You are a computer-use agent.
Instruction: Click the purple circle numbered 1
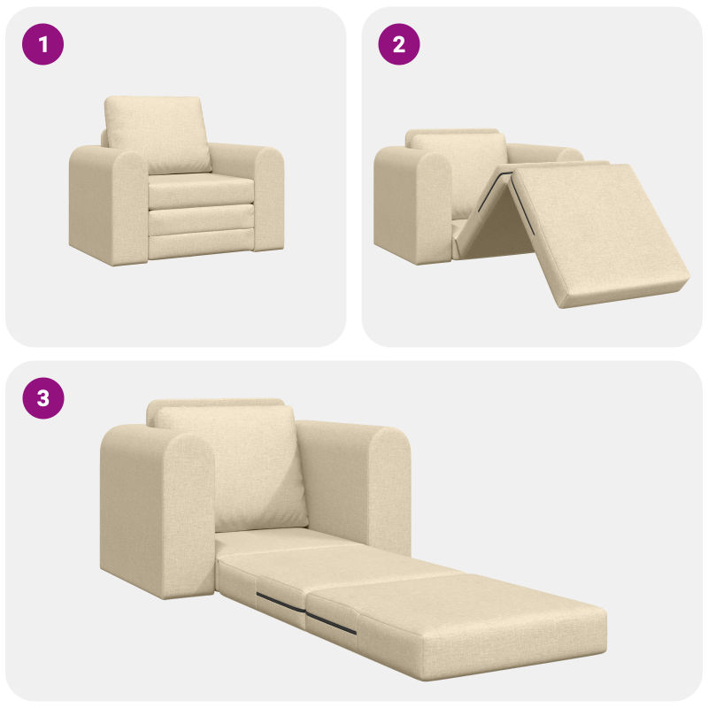43,44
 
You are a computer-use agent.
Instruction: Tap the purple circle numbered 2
399,44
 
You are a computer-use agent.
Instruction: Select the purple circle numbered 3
43,398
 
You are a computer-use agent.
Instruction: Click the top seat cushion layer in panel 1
199,189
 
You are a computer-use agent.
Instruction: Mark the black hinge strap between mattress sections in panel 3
335,624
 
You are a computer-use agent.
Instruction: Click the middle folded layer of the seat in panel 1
199,219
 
